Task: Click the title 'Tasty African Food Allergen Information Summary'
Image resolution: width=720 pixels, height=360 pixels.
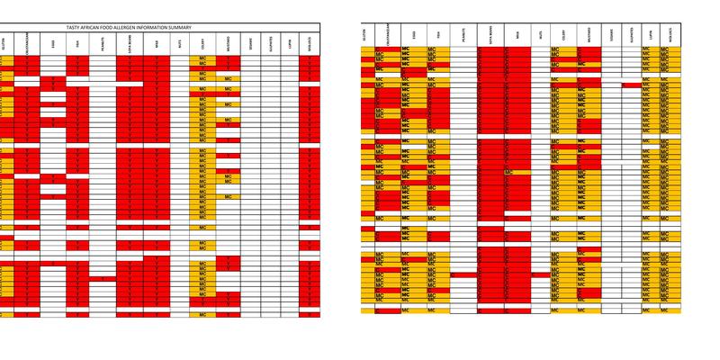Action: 160,29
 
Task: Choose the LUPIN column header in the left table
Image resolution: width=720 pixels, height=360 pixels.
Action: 290,42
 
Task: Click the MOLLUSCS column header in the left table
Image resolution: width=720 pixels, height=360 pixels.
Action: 310,42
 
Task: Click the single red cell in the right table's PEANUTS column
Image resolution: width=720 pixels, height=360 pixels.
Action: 463,274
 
